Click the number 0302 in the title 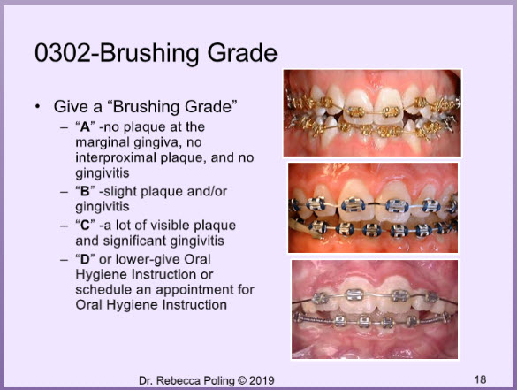[x=63, y=53]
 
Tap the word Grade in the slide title [x=242, y=53]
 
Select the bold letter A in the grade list [x=85, y=127]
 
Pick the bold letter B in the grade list [x=85, y=191]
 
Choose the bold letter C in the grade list [x=85, y=226]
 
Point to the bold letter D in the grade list [x=85, y=259]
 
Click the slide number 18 [x=481, y=379]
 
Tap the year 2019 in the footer [x=262, y=380]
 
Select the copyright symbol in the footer [x=242, y=380]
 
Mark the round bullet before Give [x=38, y=107]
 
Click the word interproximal [x=116, y=157]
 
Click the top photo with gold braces [x=372, y=113]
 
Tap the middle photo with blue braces [x=373, y=208]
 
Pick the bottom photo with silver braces [x=375, y=310]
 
